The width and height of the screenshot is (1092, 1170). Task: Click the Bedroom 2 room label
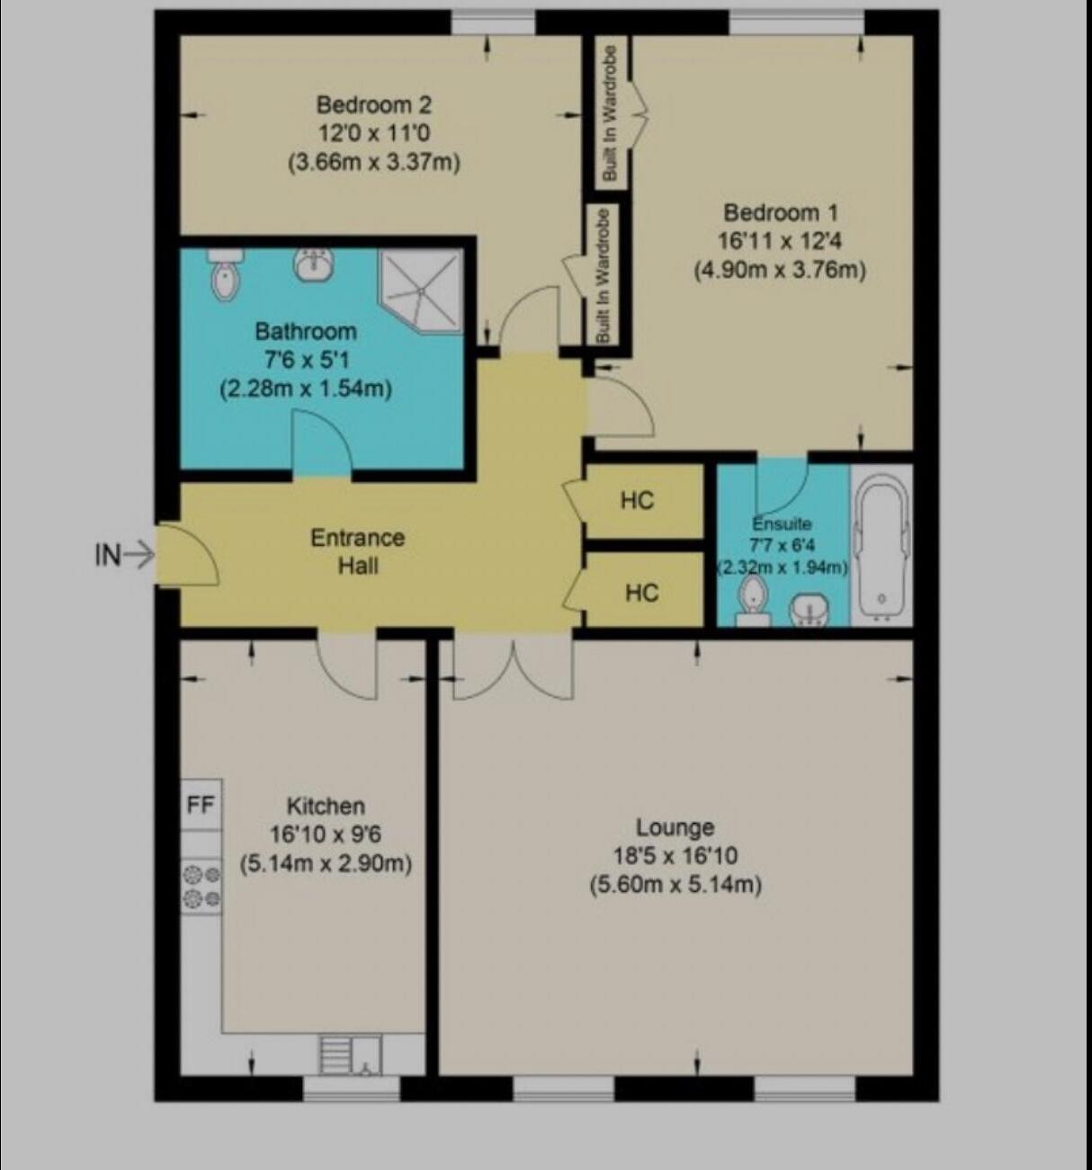click(373, 104)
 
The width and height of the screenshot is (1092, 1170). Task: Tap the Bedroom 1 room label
click(780, 213)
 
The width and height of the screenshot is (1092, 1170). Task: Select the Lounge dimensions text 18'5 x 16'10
click(675, 855)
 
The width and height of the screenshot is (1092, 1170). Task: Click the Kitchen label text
click(326, 806)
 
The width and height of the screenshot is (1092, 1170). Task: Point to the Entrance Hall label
click(357, 551)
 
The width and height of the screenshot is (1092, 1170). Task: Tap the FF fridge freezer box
click(201, 804)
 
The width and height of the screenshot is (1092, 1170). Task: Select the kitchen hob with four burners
click(201, 886)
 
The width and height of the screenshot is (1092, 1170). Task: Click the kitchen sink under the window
click(351, 1055)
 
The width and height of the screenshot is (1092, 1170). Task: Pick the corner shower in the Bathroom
click(420, 286)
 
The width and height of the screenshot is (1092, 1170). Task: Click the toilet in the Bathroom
click(224, 274)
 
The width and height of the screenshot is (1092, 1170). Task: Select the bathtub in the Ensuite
click(882, 544)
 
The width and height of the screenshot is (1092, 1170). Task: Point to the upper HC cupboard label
click(637, 500)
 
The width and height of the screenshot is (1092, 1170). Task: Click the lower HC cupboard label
click(641, 593)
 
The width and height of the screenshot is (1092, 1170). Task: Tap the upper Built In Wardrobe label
click(611, 113)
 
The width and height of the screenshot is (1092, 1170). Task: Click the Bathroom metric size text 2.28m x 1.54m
click(305, 389)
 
